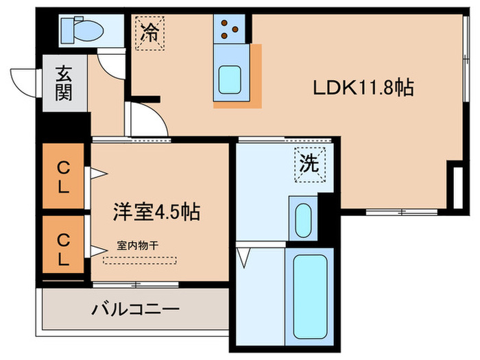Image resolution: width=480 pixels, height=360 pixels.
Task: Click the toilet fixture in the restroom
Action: pyautogui.click(x=81, y=29)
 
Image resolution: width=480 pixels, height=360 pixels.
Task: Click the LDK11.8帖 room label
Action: pyautogui.click(x=363, y=88)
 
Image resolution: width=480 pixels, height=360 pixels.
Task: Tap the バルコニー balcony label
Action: pyautogui.click(x=136, y=309)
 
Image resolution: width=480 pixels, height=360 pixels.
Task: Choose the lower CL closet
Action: pyautogui.click(x=63, y=250)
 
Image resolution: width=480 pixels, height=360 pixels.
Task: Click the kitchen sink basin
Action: pyautogui.click(x=230, y=81)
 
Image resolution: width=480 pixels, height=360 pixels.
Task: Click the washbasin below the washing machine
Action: pyautogui.click(x=302, y=218)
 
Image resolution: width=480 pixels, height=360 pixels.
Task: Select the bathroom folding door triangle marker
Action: pyautogui.click(x=243, y=257)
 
